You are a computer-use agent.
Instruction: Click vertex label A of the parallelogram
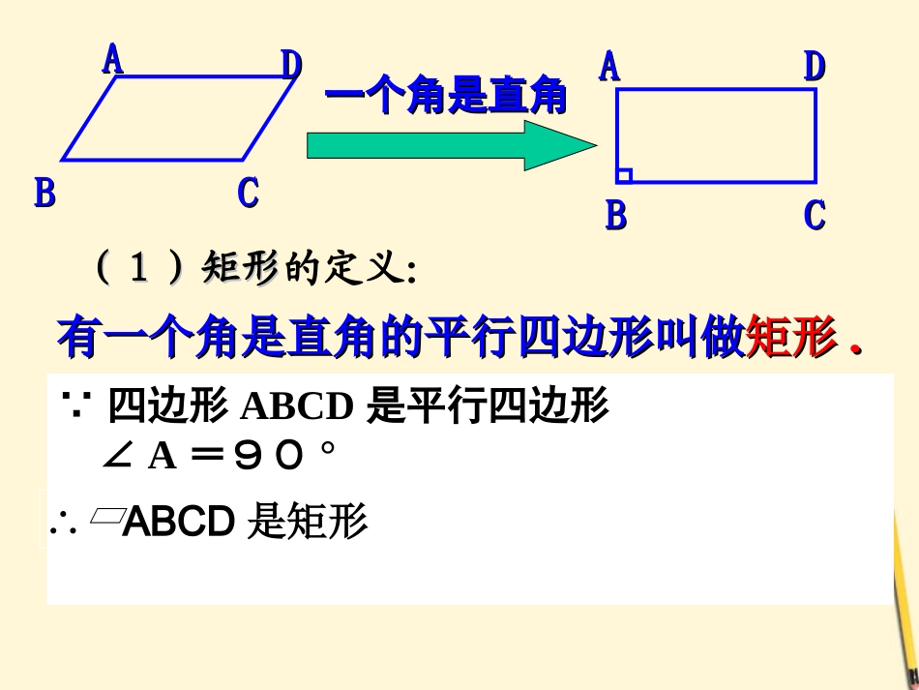[x=113, y=59]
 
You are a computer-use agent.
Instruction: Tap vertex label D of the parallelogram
[x=291, y=65]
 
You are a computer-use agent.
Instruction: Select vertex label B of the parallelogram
[x=44, y=193]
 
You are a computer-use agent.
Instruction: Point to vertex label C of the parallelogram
[x=249, y=193]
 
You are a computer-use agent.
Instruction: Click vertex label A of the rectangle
[x=609, y=67]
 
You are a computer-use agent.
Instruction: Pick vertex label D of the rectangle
[x=815, y=67]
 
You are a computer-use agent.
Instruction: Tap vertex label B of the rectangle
[x=615, y=215]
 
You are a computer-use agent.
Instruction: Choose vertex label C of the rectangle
[x=815, y=215]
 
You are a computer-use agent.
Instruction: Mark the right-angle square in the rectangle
[x=624, y=175]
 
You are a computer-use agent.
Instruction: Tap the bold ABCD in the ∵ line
[x=296, y=407]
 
